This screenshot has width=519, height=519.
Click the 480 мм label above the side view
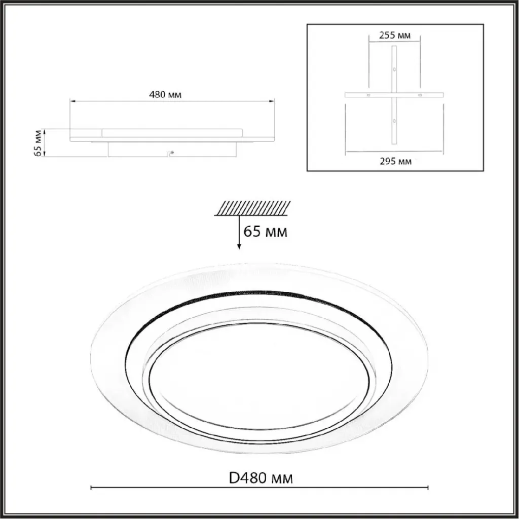[165, 95]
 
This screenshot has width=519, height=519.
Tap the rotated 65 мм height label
[38, 143]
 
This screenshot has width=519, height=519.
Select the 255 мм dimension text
[394, 35]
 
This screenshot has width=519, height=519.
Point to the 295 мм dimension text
[395, 161]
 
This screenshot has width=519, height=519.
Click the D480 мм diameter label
[261, 478]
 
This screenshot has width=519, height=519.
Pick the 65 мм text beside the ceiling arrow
[265, 232]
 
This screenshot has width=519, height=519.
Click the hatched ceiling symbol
[252, 208]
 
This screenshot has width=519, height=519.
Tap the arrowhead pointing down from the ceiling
[239, 247]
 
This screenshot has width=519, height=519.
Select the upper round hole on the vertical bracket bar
[394, 69]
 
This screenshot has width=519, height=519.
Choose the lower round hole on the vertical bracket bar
[394, 121]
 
